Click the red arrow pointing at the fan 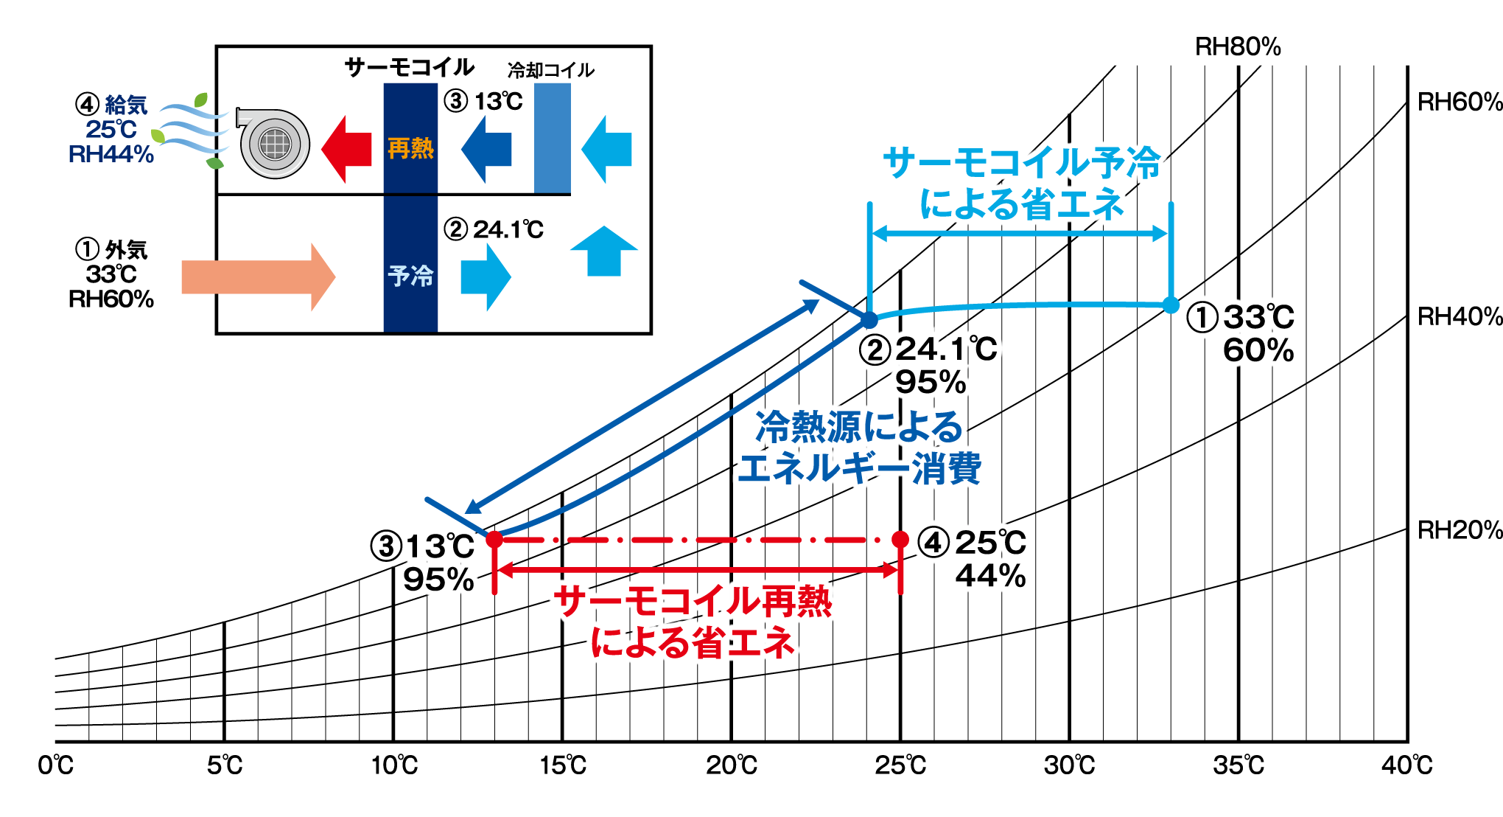tap(346, 149)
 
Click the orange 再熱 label tap(410, 149)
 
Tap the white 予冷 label tap(410, 277)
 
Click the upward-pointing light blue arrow tap(604, 251)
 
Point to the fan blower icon tap(274, 144)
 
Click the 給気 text tap(126, 105)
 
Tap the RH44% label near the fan tap(111, 154)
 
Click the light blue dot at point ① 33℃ tap(1171, 305)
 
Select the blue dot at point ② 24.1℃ tap(869, 319)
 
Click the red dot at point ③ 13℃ tap(494, 539)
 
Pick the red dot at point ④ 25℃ tap(900, 539)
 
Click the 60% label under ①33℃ tap(1259, 351)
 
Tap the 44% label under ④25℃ tap(992, 576)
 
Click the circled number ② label tap(875, 350)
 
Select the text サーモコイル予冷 tap(1022, 163)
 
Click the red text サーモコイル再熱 tap(693, 602)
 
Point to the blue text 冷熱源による tap(858, 427)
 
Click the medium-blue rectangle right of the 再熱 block tap(553, 138)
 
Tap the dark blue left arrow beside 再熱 tap(486, 149)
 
